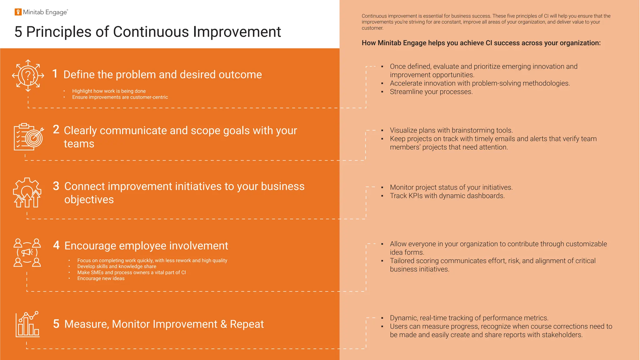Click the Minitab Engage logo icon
[18, 12]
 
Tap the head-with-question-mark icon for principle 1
[28, 76]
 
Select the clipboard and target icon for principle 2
[28, 137]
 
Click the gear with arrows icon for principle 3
[27, 192]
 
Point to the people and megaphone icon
[27, 252]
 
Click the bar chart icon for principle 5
[27, 324]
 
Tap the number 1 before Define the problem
[55, 74]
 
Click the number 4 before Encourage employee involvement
[56, 245]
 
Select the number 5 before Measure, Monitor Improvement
[56, 324]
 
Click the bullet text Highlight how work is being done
[109, 91]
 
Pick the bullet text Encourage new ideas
[101, 278]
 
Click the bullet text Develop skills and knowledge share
[117, 267]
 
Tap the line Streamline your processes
[431, 92]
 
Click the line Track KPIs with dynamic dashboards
[447, 196]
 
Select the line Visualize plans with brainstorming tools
[451, 130]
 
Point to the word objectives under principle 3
[89, 200]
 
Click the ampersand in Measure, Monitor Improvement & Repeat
[224, 324]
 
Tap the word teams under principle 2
[79, 144]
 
